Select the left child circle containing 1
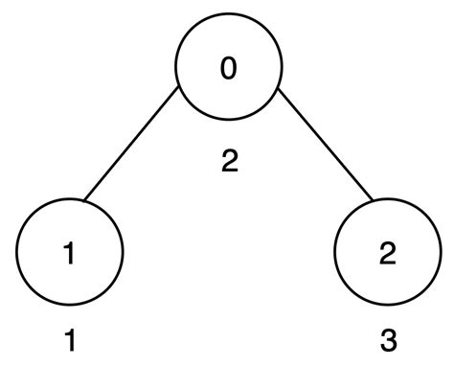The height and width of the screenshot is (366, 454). coord(70,253)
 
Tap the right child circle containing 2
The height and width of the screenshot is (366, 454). coord(386,253)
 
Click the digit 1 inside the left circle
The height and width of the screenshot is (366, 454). coord(69,253)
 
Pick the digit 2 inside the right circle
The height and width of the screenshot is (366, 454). coord(386,253)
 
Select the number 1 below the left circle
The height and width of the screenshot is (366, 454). coord(69,339)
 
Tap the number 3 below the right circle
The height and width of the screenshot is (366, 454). coord(386,339)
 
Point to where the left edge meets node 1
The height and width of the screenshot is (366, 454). coord(83,202)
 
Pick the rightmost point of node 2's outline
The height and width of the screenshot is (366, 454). coord(439,253)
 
